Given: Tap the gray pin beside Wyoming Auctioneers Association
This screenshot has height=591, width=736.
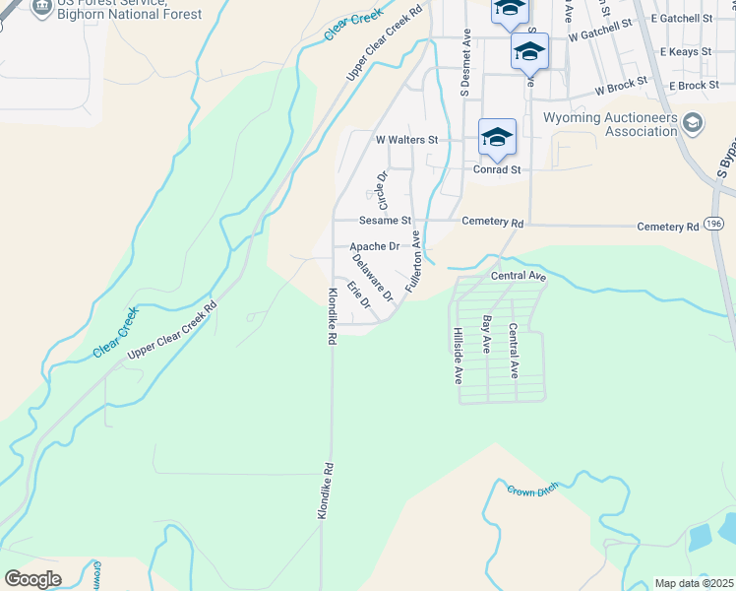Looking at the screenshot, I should coord(693,123).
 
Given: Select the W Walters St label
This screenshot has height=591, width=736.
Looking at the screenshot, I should coord(406,140).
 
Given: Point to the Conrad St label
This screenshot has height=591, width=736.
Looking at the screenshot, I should coord(495,169).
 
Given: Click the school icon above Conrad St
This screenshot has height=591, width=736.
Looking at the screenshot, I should coord(497,136).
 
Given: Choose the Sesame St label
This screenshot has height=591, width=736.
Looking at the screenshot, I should coord(385,221).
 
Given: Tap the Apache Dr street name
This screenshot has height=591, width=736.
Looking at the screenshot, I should coord(374,246).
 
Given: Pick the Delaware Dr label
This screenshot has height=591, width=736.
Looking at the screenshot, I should coord(373,277).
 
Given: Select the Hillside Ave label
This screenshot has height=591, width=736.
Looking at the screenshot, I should coord(457,356).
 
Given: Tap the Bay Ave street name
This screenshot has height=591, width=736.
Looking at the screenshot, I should coord(486,335).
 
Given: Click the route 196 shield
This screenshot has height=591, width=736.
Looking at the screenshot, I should coord(714,225).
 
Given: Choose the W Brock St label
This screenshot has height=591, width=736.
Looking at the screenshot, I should coord(621,91).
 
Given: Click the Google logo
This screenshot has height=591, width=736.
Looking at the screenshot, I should coord(32,579).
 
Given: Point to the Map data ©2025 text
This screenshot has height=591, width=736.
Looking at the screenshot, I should coord(693,583).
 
